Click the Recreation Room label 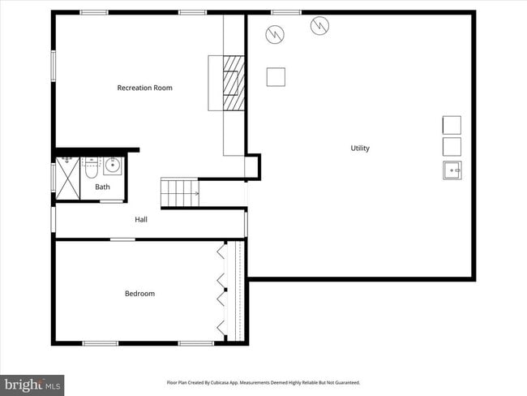[144, 88]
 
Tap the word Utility [360, 148]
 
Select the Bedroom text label [139, 294]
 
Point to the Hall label [141, 219]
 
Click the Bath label [102, 187]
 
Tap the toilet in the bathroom [91, 169]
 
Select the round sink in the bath [112, 167]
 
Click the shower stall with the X [66, 178]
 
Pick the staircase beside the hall [180, 193]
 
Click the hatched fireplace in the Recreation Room [234, 82]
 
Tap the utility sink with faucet [452, 170]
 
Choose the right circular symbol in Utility [319, 26]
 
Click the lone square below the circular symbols [276, 76]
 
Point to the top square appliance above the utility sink [452, 124]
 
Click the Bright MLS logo [32, 384]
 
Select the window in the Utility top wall [286, 12]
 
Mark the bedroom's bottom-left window [101, 343]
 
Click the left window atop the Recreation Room [94, 12]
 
